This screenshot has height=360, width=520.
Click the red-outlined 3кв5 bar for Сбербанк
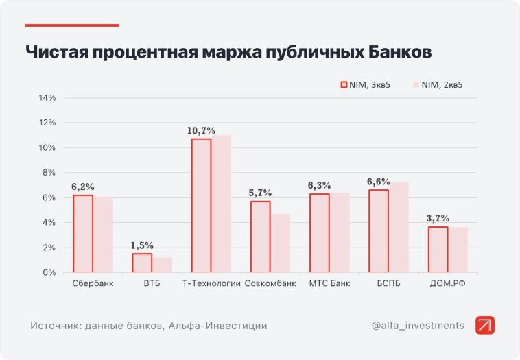[83, 234]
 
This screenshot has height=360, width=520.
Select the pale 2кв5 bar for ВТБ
[162, 265]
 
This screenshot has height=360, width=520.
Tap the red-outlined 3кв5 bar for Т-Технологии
[201, 206]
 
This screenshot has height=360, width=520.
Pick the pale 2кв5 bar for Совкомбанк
[281, 243]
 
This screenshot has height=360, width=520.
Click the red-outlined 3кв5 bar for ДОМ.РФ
[438, 250]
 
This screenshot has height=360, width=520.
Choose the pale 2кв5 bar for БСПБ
[399, 228]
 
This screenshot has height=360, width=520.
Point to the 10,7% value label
[201, 130]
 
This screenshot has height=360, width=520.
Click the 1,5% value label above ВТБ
[142, 245]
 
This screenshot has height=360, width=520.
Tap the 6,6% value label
[379, 182]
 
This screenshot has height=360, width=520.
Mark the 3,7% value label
[438, 218]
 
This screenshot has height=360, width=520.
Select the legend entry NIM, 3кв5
[366, 85]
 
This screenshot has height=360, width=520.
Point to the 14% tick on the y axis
[47, 98]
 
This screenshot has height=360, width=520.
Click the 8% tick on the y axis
[50, 173]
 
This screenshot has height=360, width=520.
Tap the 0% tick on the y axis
[50, 273]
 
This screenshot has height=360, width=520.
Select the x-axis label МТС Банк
[329, 283]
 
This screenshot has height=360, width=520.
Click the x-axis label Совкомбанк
[270, 283]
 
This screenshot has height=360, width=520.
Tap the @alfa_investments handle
[418, 326]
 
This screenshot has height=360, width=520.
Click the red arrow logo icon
[485, 326]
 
